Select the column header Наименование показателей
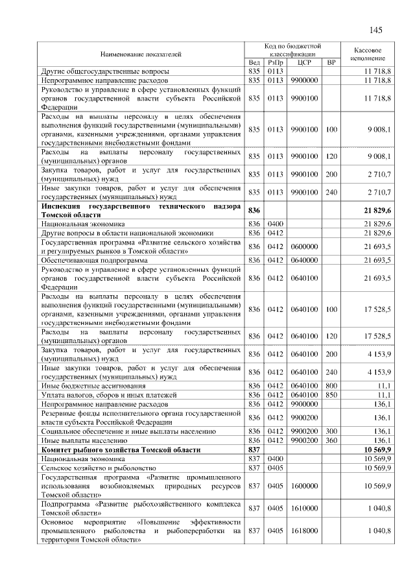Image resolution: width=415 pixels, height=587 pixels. tap(141, 54)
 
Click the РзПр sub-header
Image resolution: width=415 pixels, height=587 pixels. tap(275, 62)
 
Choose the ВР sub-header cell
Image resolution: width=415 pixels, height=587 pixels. tap(331, 62)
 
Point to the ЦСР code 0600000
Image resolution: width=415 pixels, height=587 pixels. tap(303, 246)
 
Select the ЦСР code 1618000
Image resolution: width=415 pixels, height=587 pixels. tap(303, 531)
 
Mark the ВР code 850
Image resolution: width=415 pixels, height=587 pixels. tap(331, 394)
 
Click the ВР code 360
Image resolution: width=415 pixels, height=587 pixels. tap(331, 440)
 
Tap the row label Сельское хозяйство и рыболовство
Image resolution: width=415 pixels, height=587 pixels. tap(99, 468)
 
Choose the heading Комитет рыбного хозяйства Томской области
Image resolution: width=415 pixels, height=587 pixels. tap(121, 449)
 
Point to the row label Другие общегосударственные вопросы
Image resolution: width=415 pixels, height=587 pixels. tap(105, 70)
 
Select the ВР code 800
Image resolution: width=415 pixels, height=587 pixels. tap(331, 385)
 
